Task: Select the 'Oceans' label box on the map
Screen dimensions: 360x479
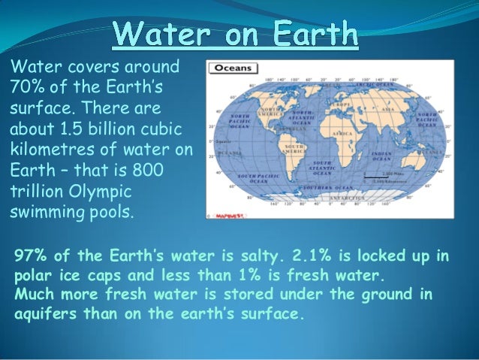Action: coord(233,68)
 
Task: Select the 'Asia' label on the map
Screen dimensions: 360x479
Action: coord(388,110)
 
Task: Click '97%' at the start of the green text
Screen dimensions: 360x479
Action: coord(31,256)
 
